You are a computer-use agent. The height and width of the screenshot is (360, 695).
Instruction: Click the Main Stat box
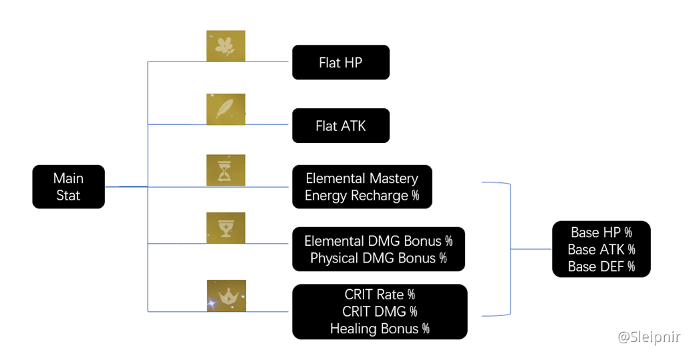(68, 187)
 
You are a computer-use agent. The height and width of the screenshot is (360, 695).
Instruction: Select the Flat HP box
(341, 63)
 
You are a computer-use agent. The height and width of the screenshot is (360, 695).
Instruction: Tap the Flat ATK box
(341, 126)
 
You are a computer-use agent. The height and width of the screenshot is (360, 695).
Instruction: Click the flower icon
(226, 46)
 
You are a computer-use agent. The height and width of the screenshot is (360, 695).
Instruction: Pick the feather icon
(226, 110)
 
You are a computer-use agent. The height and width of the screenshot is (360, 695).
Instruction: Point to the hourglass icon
(226, 170)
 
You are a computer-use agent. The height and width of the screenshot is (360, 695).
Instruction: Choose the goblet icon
(226, 228)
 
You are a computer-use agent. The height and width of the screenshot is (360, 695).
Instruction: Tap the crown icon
(227, 295)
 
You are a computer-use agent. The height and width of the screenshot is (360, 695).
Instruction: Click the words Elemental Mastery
(362, 178)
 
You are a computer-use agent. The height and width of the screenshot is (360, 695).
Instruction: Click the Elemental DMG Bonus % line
(378, 241)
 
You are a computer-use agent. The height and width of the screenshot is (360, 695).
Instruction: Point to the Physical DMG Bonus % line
(378, 258)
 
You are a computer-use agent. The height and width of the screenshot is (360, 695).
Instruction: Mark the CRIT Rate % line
(380, 295)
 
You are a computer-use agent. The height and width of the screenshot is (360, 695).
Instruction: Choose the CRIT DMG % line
(380, 311)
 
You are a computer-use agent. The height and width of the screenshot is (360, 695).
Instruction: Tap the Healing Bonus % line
(380, 329)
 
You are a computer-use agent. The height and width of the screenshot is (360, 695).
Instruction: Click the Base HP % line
(601, 232)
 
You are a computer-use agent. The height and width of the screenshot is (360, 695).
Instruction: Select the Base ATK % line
(601, 249)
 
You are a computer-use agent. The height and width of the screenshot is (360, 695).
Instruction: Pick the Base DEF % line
(601, 266)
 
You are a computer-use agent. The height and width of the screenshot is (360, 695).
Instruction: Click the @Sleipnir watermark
(649, 337)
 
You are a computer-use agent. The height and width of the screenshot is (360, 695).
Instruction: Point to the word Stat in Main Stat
(68, 196)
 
